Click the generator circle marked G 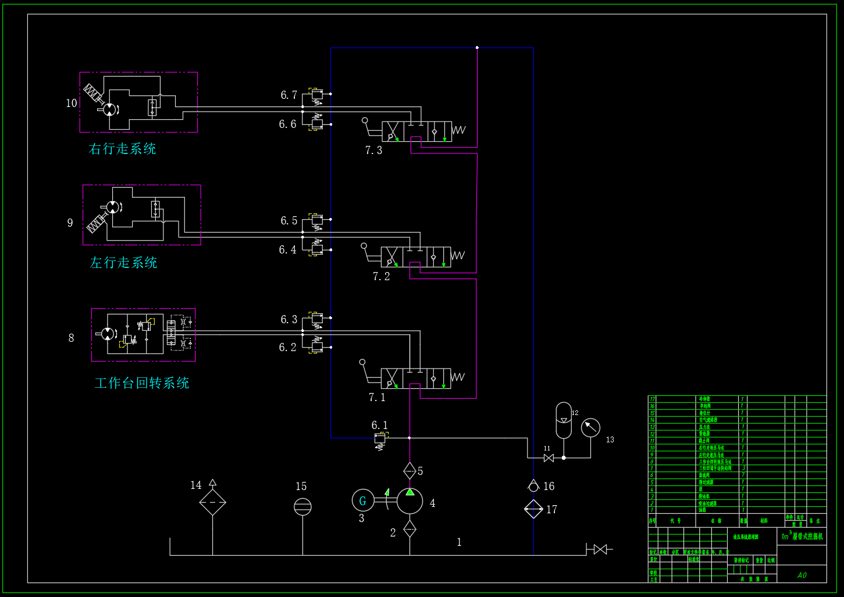363,501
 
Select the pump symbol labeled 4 410,501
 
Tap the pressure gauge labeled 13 590,428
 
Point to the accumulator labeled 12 564,420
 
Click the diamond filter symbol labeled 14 212,502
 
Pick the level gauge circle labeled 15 302,506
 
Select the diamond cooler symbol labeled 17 533,509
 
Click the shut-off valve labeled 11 548,458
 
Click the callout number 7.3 373,150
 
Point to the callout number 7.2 381,276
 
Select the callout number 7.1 377,398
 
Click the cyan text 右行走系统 122,149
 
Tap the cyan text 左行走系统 123,263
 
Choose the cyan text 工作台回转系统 141,383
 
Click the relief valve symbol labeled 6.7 316,94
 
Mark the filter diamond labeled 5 409,470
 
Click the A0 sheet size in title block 802,575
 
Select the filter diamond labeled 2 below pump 409,529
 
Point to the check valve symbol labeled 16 533,486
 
